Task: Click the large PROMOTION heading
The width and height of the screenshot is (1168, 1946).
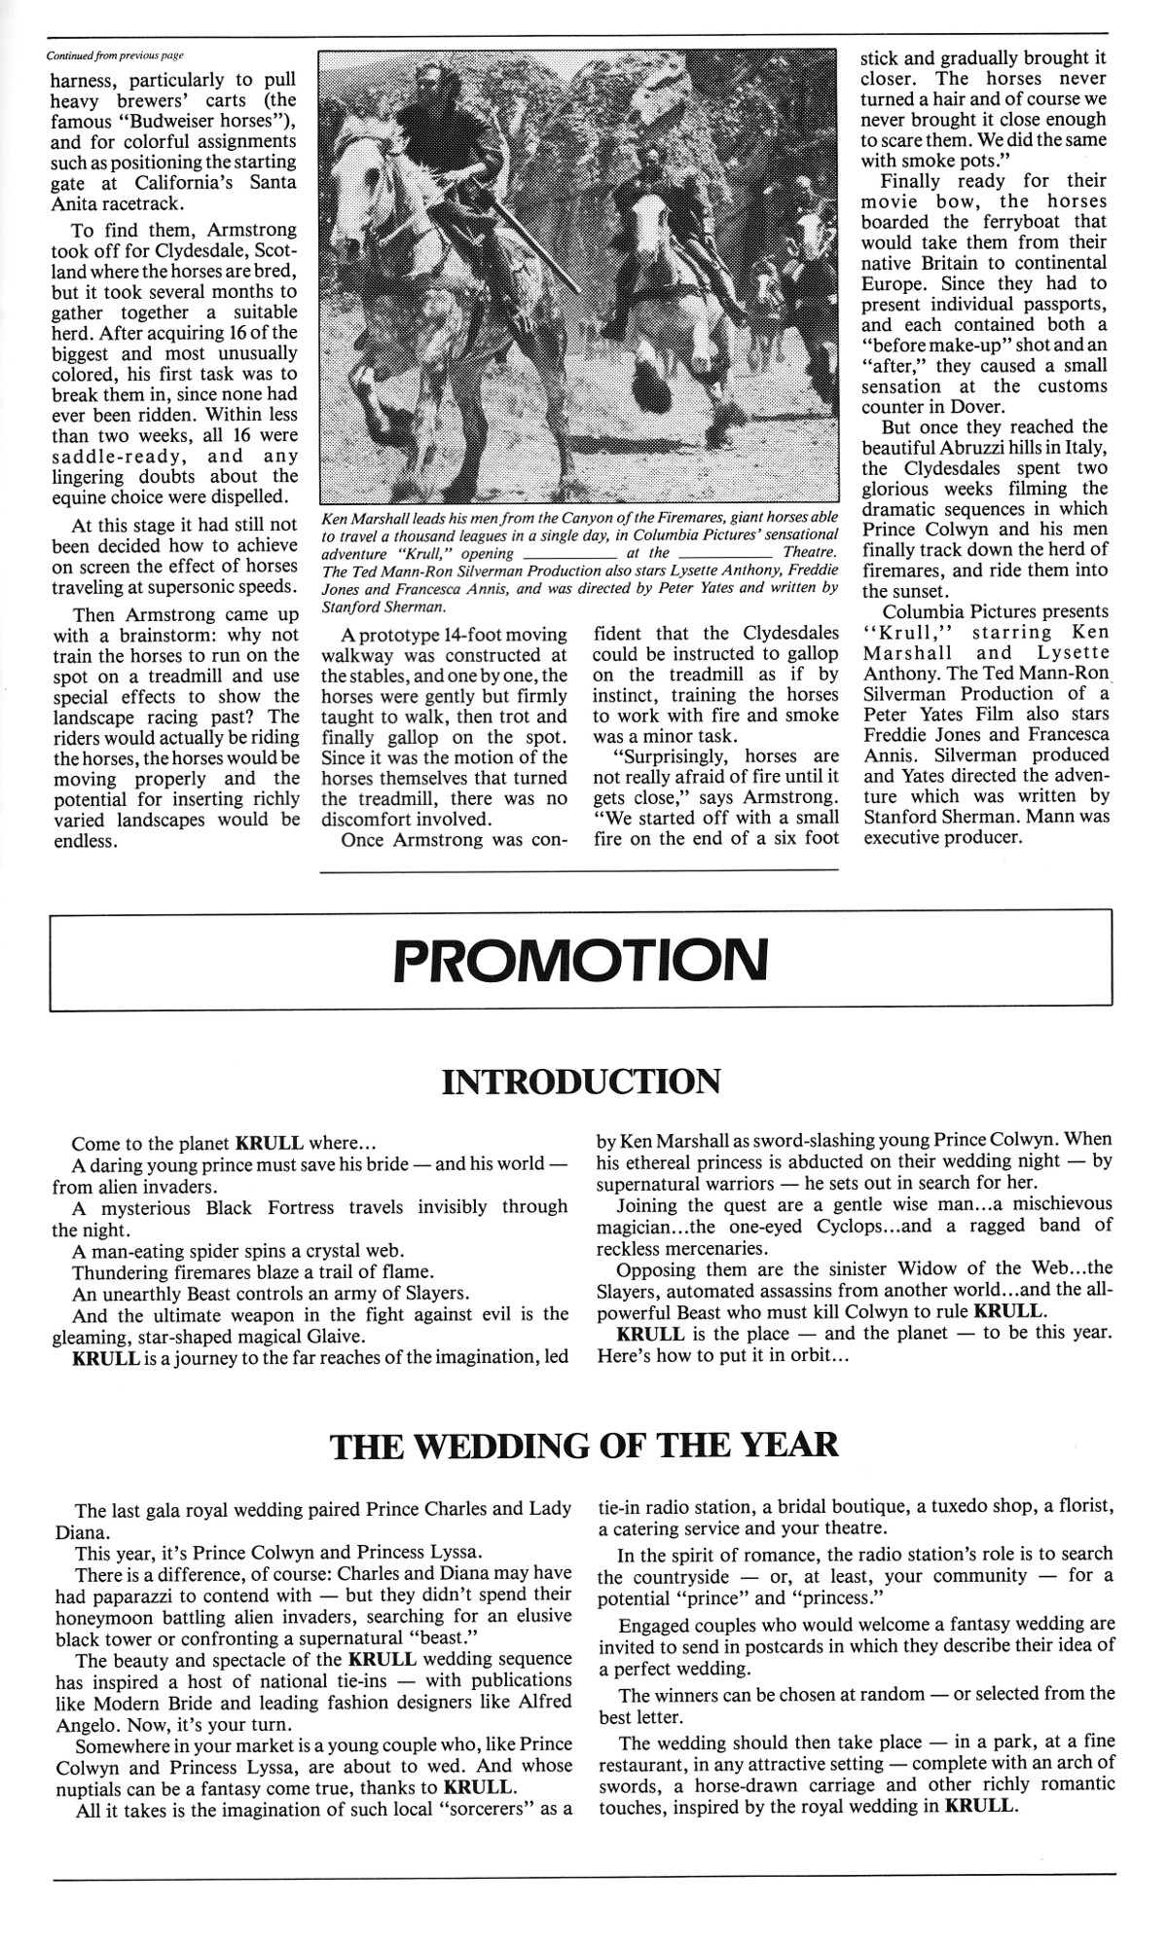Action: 580,961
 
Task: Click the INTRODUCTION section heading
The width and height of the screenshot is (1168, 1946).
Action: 581,1081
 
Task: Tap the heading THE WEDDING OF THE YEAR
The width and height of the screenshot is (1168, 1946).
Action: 584,1445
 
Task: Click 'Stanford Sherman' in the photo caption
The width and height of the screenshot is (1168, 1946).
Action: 382,606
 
